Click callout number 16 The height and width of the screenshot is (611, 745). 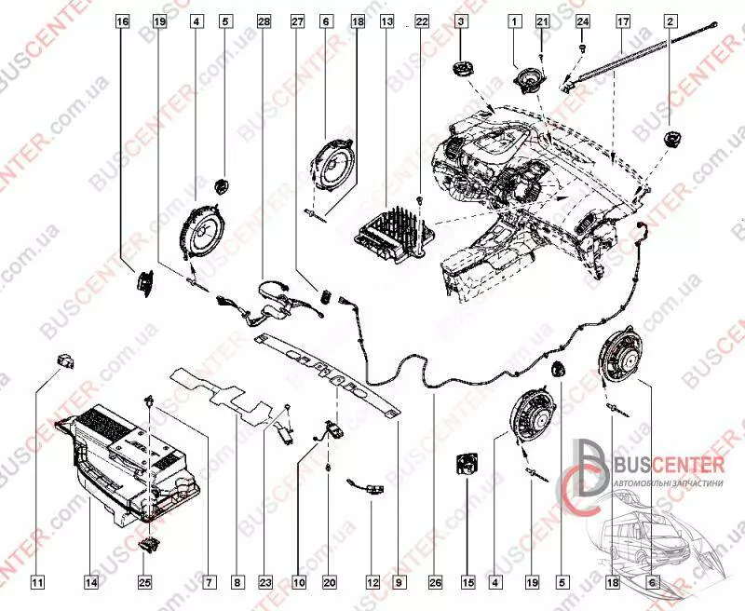pos(122,20)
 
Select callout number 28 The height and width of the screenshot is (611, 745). pos(264,20)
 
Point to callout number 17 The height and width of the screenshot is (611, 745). pos(623,20)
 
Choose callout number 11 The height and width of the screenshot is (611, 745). pos(37,583)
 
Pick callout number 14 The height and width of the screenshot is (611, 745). pos(91,583)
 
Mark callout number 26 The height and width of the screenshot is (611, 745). pos(434,583)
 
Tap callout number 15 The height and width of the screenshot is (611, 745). pos(468,583)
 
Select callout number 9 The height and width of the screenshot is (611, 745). pos(398,583)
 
